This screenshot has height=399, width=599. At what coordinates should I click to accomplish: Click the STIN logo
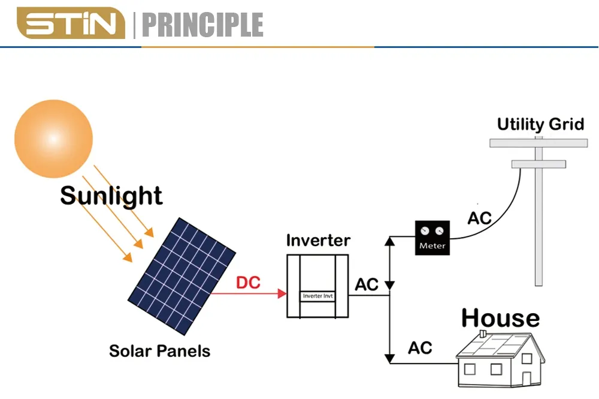(70, 25)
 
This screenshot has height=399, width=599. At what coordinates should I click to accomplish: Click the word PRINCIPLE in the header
(202, 25)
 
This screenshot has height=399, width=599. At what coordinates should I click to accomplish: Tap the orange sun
(53, 139)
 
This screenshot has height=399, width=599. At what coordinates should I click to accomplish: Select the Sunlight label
(111, 196)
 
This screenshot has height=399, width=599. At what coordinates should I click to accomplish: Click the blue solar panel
(181, 275)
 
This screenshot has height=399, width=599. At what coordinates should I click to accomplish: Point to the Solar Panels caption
(159, 350)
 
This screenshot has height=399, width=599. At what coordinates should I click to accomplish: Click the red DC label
(248, 282)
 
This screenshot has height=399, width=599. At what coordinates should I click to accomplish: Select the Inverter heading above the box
(317, 241)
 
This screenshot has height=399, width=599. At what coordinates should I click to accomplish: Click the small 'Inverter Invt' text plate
(317, 296)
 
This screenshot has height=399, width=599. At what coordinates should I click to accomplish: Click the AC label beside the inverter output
(367, 284)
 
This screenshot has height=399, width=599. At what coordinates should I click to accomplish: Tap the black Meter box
(432, 238)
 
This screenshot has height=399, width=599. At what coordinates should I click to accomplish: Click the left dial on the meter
(425, 230)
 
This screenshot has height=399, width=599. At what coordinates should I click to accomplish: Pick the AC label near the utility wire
(479, 218)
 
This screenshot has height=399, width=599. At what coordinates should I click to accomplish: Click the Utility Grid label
(540, 125)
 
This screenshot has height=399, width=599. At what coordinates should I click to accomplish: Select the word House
(500, 318)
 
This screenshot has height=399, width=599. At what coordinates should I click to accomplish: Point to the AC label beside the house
(420, 347)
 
